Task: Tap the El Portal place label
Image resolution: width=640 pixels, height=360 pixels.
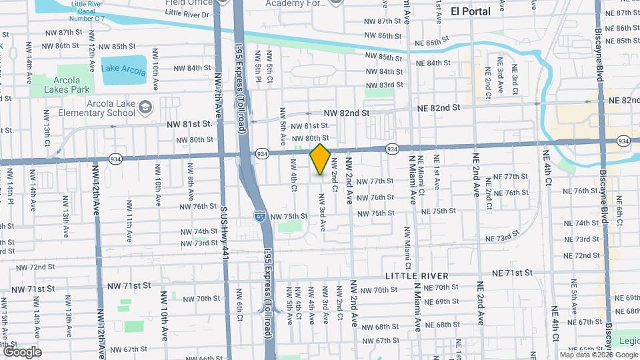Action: point(470,11)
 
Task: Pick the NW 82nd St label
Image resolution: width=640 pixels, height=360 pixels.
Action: point(347,113)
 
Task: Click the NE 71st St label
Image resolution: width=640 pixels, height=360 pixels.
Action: point(512,273)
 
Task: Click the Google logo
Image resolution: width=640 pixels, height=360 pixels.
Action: point(22,351)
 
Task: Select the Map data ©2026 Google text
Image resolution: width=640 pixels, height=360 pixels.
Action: point(598,354)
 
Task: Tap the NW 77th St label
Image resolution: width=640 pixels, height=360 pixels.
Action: point(375,181)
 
